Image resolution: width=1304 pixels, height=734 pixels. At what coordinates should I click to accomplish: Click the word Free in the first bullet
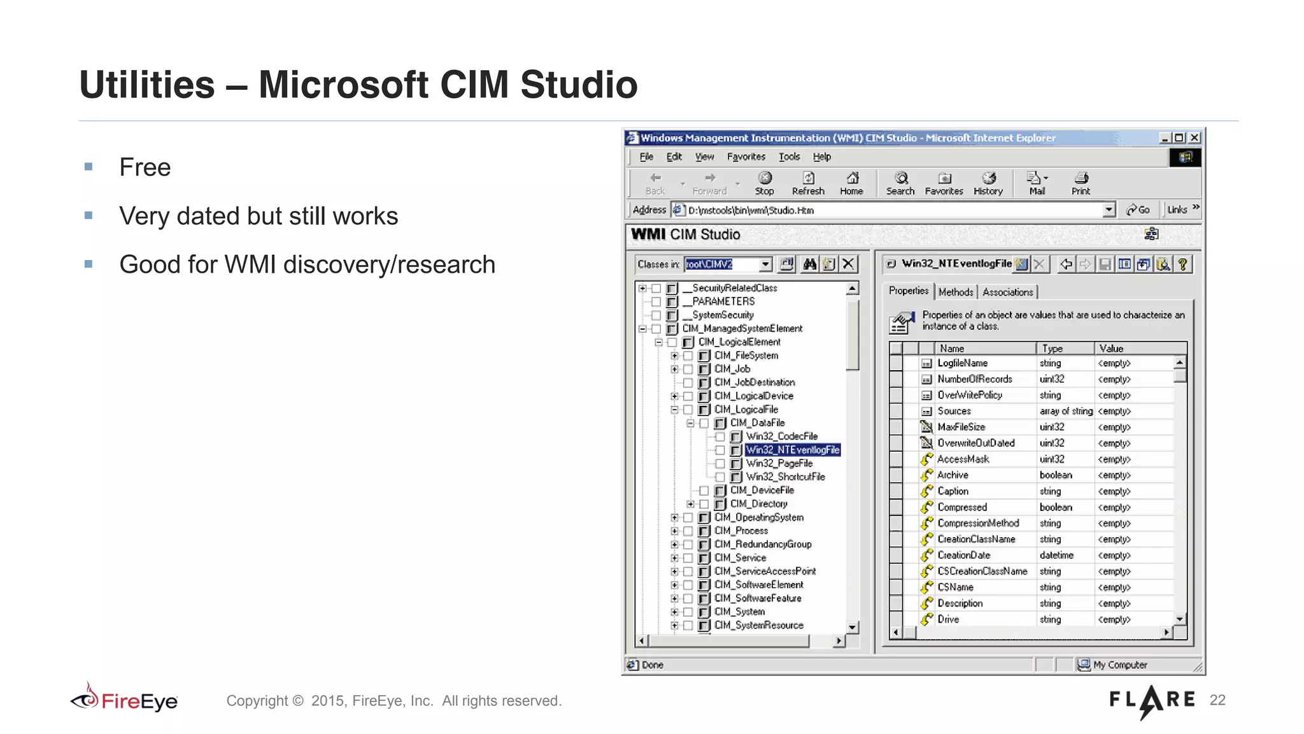(145, 168)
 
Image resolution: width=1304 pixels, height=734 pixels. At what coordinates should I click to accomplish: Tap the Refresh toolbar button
(808, 183)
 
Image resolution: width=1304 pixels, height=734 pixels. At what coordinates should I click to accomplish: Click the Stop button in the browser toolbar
(764, 183)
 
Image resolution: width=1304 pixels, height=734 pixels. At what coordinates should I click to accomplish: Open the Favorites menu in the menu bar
(746, 157)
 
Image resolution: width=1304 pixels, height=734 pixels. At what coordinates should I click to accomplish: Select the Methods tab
(955, 292)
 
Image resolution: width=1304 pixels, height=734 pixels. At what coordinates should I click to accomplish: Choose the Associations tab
(1007, 292)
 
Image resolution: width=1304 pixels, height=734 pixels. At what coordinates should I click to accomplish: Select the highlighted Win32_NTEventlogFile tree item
(792, 450)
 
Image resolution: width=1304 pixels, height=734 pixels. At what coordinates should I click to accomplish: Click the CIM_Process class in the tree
(741, 531)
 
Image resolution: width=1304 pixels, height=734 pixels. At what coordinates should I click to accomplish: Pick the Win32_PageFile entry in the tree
(779, 463)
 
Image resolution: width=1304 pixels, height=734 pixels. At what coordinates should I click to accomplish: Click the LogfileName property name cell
(962, 363)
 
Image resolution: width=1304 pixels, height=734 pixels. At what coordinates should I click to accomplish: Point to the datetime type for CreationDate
(1056, 556)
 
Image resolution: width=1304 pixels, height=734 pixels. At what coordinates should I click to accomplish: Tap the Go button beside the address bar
(1138, 210)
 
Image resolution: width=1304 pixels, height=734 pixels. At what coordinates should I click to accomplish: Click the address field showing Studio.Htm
(891, 210)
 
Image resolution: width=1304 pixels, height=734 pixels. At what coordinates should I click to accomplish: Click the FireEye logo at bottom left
(125, 700)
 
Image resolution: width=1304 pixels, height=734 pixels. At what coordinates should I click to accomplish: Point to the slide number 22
(1217, 700)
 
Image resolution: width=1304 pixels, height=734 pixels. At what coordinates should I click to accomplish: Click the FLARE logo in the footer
(1152, 700)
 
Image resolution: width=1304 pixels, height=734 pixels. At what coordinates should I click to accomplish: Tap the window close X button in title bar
(1194, 138)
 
